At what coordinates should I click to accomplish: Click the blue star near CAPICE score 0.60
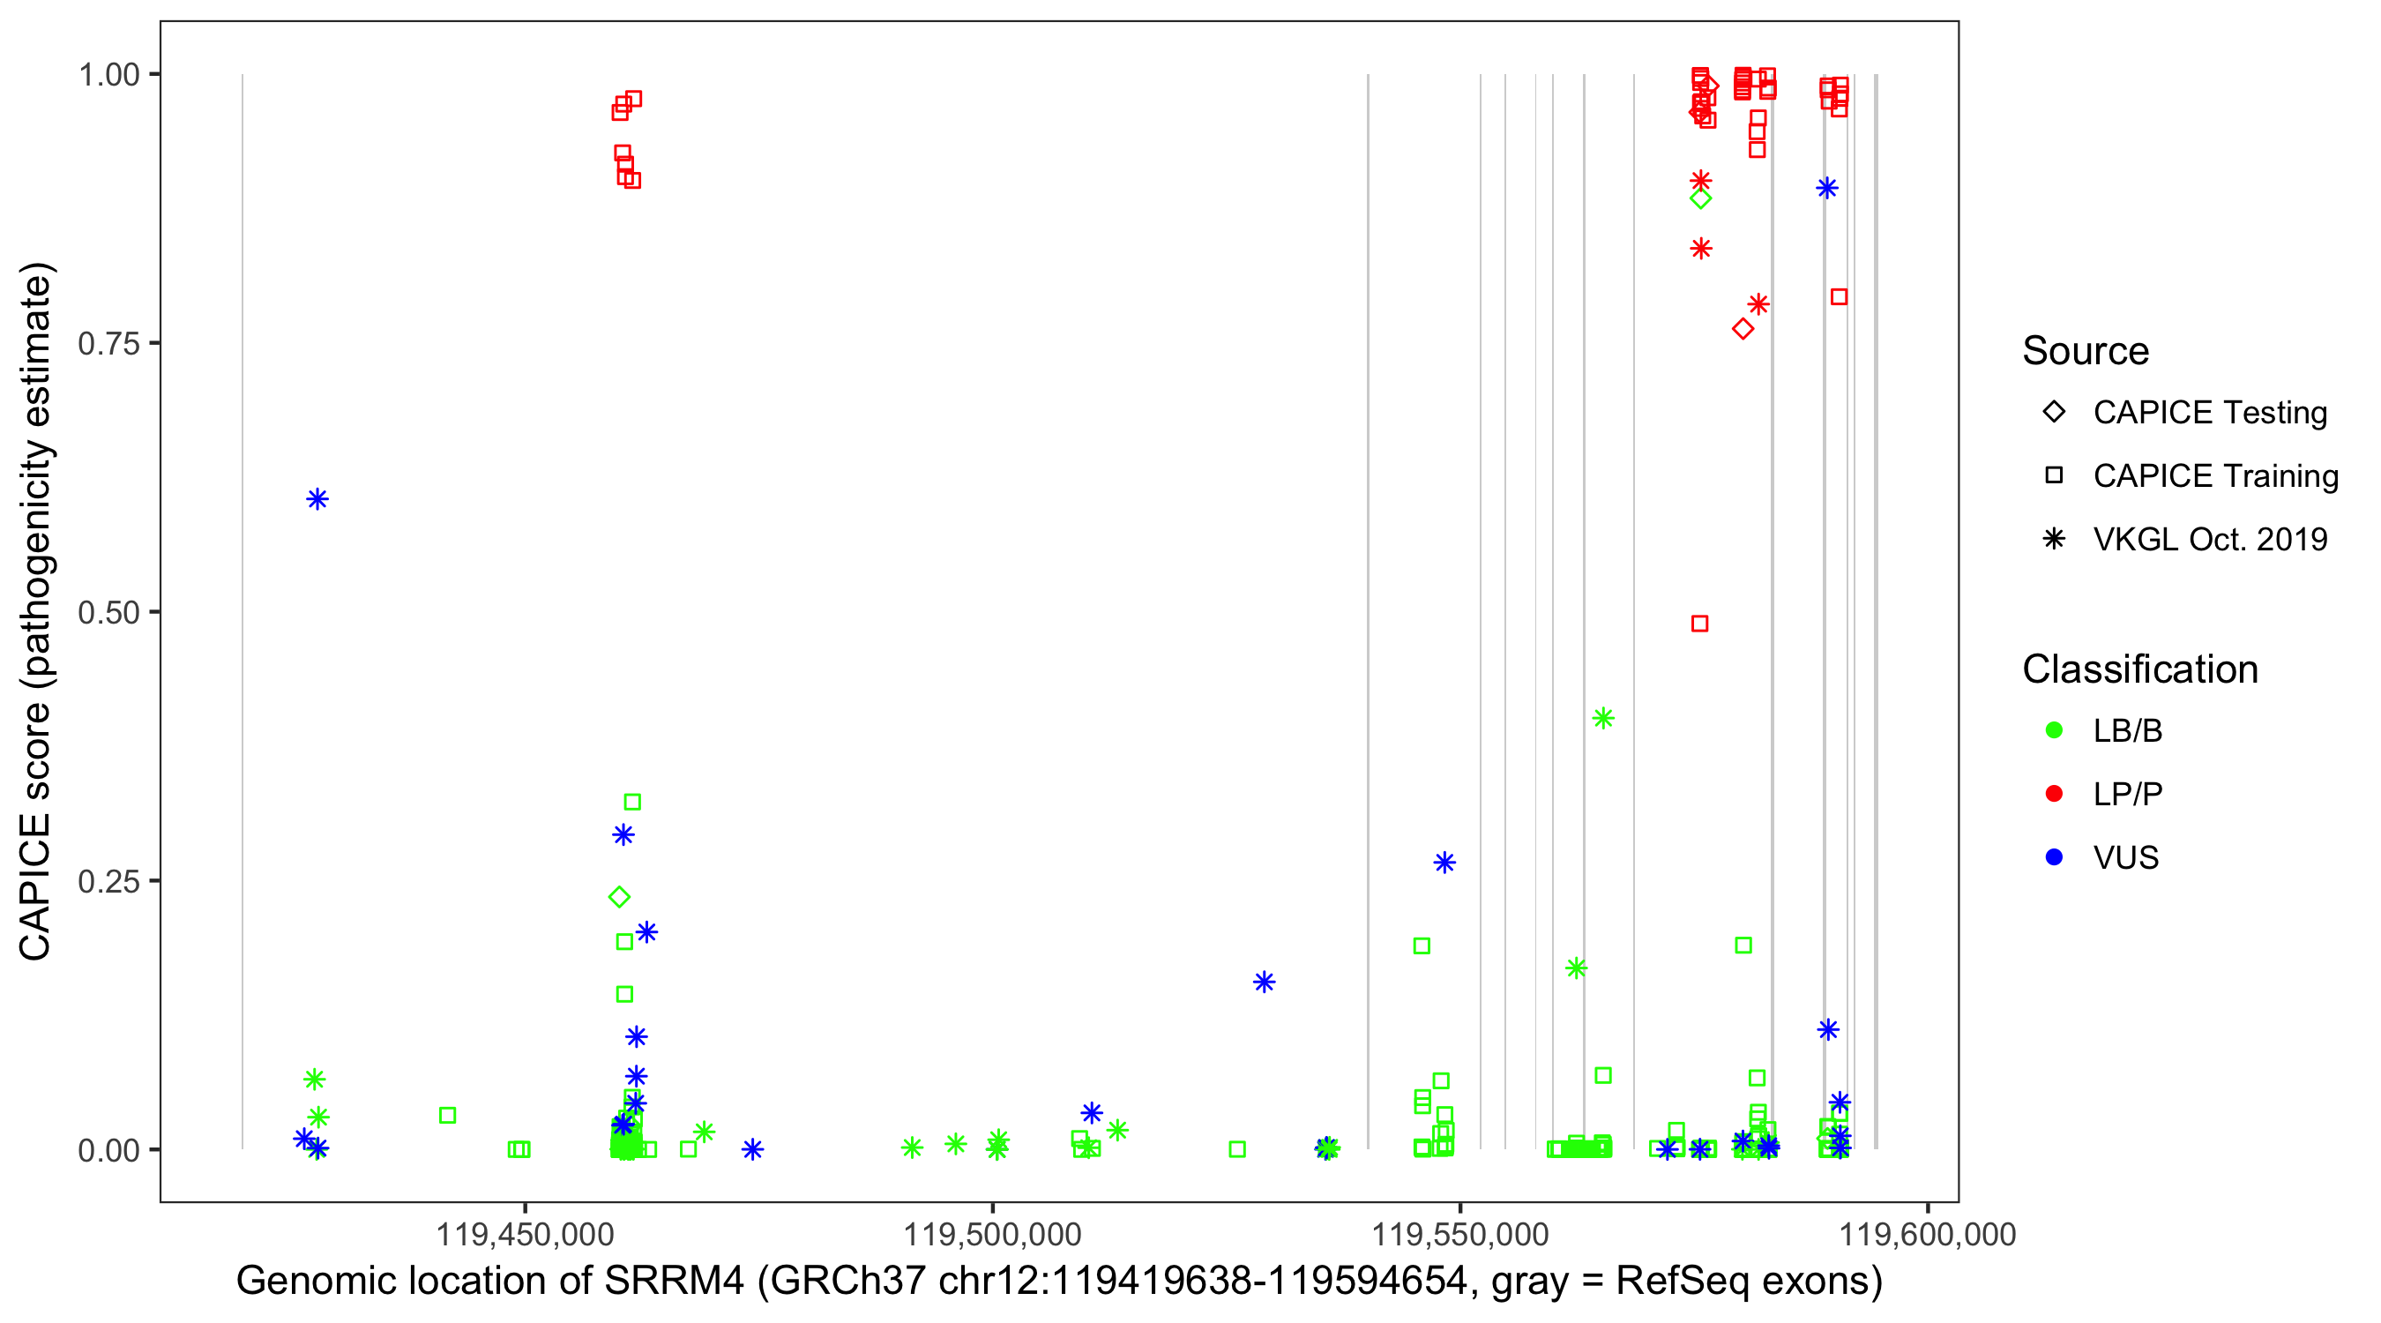click(317, 499)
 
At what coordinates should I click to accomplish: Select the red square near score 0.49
click(1698, 624)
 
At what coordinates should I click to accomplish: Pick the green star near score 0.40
click(1602, 718)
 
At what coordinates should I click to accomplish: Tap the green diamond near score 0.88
click(1700, 198)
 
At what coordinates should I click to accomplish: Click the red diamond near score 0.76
click(1743, 329)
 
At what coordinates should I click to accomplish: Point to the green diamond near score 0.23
click(619, 897)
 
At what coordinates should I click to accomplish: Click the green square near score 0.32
click(632, 803)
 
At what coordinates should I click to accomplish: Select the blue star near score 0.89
click(1826, 189)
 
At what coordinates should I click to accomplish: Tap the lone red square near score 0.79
click(1840, 296)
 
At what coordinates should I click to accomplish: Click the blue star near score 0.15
click(1264, 982)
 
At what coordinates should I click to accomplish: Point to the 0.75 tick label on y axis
click(108, 344)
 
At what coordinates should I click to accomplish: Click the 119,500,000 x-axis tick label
click(992, 1234)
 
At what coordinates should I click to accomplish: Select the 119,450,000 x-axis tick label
click(524, 1234)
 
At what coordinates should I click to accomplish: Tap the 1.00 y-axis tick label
click(108, 75)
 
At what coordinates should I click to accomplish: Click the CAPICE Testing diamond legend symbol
click(2054, 413)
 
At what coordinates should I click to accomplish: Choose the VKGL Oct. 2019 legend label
click(2210, 539)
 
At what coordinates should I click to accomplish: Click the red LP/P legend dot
click(2054, 794)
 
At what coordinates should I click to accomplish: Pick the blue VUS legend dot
click(2054, 857)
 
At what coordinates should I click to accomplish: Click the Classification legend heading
click(2139, 669)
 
